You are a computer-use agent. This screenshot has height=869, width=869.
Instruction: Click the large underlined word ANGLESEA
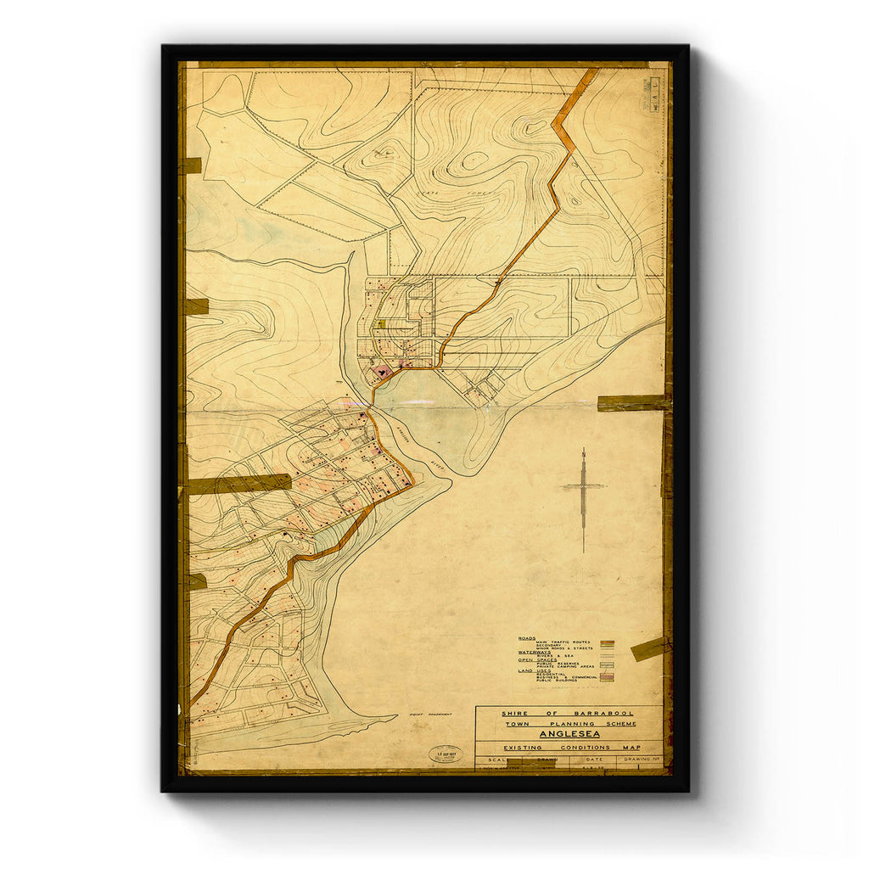[569, 733]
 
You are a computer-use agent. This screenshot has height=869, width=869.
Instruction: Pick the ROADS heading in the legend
[527, 637]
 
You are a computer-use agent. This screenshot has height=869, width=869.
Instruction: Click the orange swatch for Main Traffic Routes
[606, 642]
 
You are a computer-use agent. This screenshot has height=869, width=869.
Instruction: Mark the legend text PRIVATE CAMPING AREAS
[565, 667]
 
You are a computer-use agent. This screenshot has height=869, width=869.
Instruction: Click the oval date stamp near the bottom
[446, 754]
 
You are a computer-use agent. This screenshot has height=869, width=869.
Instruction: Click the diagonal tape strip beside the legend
[649, 648]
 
